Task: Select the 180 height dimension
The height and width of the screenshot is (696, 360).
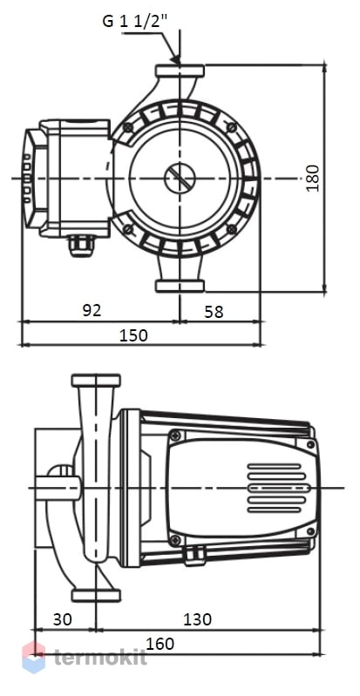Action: [313, 178]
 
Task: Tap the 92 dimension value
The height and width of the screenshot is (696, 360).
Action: [92, 310]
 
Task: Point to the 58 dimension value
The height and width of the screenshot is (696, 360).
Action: [214, 312]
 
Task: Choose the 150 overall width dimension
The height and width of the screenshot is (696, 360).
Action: [133, 334]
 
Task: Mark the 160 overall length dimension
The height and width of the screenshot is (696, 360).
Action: [160, 644]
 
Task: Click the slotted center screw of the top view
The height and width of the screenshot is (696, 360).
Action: [180, 178]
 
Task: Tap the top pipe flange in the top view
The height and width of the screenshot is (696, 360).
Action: [180, 71]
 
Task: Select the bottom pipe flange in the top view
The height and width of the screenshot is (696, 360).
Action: [180, 286]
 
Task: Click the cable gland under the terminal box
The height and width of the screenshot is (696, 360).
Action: [81, 247]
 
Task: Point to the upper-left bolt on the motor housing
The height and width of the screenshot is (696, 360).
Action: [128, 128]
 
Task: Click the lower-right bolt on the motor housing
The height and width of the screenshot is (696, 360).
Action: [232, 229]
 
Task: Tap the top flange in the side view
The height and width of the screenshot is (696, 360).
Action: [96, 381]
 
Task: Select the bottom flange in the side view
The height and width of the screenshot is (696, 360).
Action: [96, 595]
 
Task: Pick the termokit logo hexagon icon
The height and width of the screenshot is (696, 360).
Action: [34, 657]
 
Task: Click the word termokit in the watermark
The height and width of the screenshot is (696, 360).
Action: [100, 658]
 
